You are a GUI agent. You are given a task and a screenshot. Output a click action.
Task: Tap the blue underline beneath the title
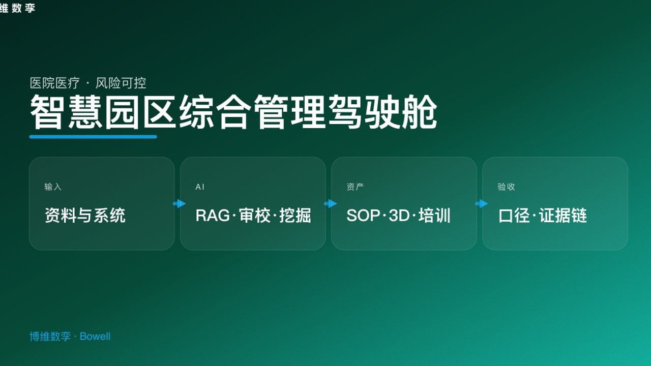point(93,137)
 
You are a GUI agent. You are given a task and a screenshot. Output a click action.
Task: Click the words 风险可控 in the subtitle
point(121,83)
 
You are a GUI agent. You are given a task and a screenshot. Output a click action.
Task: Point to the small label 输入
point(53,187)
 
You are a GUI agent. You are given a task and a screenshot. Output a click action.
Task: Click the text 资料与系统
point(85,216)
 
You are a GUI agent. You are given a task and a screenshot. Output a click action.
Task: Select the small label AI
point(200,187)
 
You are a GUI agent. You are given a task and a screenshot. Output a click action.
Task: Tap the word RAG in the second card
point(213,216)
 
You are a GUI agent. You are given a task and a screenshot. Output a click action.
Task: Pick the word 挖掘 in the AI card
point(295,216)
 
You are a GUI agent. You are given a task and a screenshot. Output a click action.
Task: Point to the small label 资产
point(355,187)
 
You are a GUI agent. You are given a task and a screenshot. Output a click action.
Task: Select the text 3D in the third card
point(399,216)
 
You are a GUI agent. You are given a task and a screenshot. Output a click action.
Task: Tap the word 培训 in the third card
point(435,216)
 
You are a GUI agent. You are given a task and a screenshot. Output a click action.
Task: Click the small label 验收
point(506,187)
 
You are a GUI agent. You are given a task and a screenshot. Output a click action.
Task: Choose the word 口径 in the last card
point(514,216)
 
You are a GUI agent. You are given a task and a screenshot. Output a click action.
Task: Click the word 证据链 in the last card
point(563,216)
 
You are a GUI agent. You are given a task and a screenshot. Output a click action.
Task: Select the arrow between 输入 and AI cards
point(179,204)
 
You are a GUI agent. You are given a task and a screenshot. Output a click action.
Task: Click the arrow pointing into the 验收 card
point(481,204)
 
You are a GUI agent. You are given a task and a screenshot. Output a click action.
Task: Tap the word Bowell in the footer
point(95,337)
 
